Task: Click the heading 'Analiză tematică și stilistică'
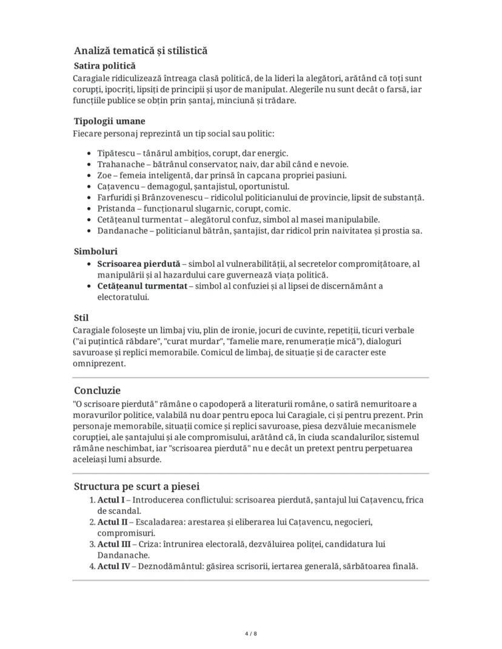pos(141,51)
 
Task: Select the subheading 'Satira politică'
pos(105,65)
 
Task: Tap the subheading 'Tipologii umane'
pos(110,121)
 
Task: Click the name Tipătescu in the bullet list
pos(116,153)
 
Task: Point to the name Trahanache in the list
pos(121,164)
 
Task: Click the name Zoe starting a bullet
pos(105,175)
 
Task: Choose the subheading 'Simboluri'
pos(96,251)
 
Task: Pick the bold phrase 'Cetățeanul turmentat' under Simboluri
pos(142,286)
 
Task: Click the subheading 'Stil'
pos(81,318)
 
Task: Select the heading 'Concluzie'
pos(98,390)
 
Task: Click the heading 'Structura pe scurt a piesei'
pos(137,486)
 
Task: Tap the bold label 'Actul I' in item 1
pos(111,500)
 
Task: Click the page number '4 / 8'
pos(251,633)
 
